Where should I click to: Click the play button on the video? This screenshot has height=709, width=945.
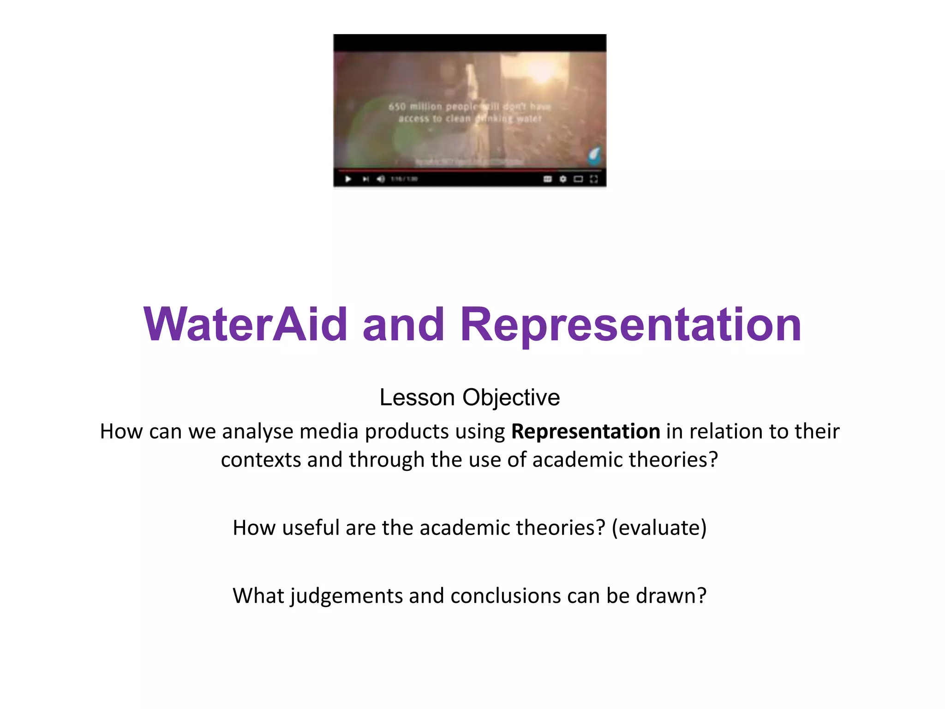348,179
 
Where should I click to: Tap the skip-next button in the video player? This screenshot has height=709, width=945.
365,179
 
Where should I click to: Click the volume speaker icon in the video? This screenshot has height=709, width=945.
381,179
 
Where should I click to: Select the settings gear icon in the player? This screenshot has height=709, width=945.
563,179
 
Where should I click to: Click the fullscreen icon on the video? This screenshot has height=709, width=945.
594,179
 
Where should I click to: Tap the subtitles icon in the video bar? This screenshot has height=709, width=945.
548,179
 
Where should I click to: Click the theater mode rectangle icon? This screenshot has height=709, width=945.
578,179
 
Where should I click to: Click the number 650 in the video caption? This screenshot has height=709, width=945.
397,107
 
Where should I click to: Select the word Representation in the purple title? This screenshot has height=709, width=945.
631,325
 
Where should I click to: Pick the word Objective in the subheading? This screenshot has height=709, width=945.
511,397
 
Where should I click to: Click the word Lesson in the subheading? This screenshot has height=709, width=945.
417,397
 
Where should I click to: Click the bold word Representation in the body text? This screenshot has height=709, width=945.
586,432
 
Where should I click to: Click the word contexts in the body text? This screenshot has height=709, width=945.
261,460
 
